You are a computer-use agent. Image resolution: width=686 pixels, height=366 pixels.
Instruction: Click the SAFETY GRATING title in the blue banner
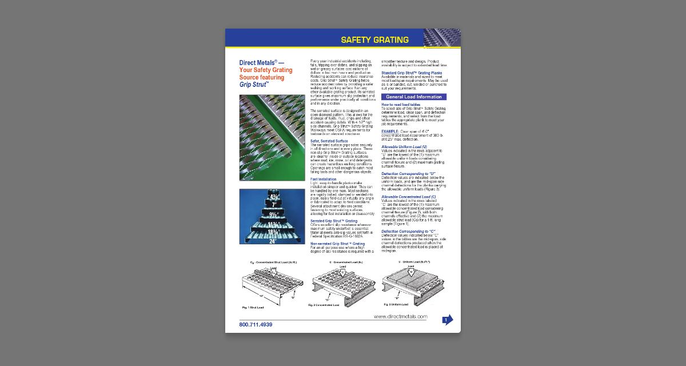click(374, 40)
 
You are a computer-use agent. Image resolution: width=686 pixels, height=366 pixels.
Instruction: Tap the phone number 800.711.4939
click(256, 325)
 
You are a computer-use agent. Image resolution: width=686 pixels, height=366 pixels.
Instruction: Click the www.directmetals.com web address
click(400, 316)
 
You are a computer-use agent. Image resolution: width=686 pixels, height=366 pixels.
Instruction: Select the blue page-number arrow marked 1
click(448, 320)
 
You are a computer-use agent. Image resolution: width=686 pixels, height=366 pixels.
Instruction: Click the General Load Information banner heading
click(413, 97)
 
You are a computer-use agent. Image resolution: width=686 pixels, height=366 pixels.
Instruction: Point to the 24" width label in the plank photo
click(273, 241)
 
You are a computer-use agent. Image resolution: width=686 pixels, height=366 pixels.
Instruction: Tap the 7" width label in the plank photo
click(274, 204)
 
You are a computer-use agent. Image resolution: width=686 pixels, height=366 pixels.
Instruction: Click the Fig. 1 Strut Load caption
click(253, 308)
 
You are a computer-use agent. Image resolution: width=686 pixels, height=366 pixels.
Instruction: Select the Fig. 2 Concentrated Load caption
click(324, 305)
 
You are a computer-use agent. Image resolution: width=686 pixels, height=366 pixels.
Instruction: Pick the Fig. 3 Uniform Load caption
click(396, 305)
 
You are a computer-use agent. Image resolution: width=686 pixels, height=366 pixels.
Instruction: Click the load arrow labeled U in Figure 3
click(410, 272)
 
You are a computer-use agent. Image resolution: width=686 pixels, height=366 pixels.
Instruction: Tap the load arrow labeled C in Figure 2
click(342, 273)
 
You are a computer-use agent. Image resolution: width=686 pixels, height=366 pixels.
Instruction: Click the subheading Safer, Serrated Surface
click(329, 141)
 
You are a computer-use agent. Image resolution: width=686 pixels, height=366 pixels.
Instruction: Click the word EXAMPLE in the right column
click(390, 131)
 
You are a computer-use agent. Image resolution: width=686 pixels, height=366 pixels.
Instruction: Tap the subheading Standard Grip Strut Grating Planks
click(412, 73)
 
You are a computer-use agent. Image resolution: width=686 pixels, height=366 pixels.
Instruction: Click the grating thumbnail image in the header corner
click(441, 38)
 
